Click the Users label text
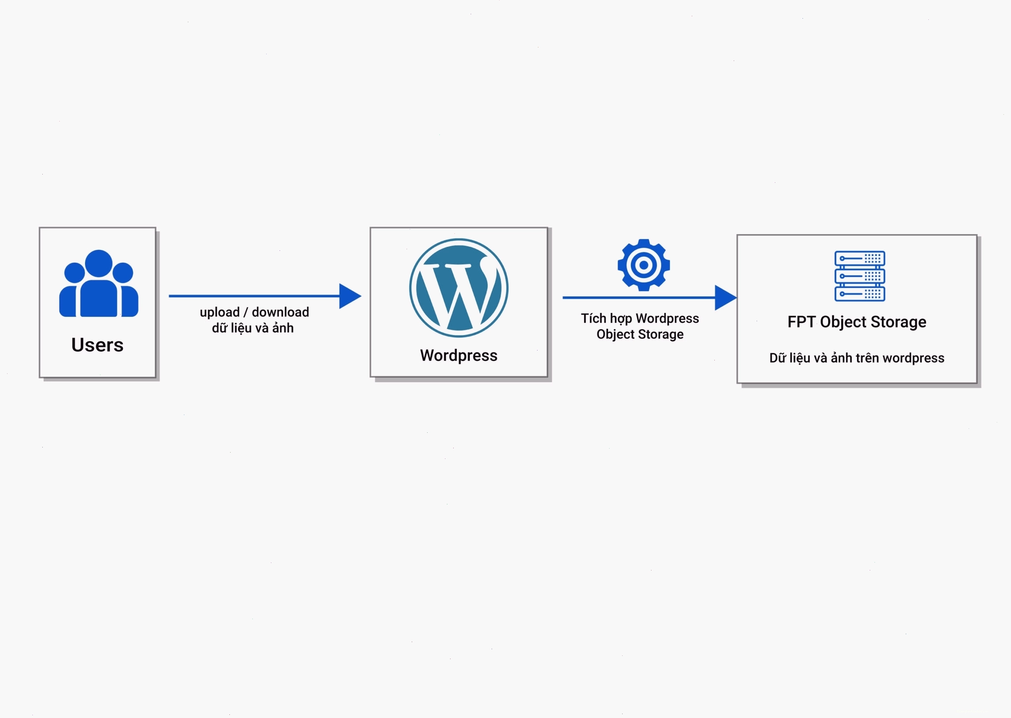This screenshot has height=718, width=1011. tap(97, 345)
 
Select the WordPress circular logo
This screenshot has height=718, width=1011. tap(459, 288)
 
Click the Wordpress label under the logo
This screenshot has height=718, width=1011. tap(459, 356)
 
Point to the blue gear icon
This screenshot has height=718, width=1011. tap(644, 265)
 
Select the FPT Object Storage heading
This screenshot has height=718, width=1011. tap(857, 322)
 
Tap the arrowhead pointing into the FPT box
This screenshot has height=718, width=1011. tap(726, 298)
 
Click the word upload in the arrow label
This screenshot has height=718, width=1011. tap(220, 313)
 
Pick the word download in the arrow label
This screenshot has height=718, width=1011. tap(280, 312)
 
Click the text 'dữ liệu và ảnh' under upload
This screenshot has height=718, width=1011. tap(253, 328)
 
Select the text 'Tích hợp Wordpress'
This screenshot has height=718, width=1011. tap(640, 318)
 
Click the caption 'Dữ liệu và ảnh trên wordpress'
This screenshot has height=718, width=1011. tap(857, 358)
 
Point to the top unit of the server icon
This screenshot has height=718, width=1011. tap(860, 259)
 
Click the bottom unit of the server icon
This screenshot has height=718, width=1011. tap(860, 294)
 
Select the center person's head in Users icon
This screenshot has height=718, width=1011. tap(98, 263)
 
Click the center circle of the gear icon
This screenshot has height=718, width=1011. tap(644, 265)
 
